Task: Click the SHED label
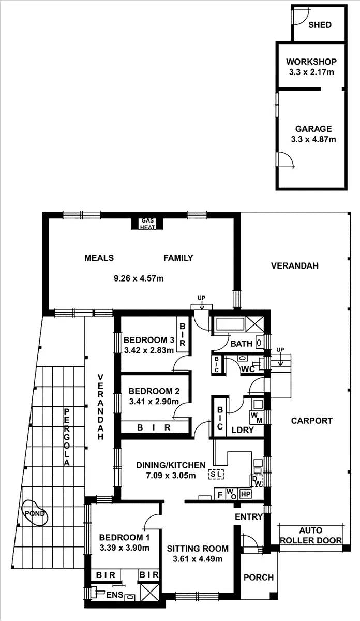[320, 25]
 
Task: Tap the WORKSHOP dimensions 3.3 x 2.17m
[311, 72]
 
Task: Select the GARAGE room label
[313, 129]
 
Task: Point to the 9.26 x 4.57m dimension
[139, 278]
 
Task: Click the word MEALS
[99, 258]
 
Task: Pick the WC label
[247, 369]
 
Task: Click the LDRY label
[242, 429]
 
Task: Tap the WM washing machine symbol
[256, 416]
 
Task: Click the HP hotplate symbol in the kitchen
[246, 495]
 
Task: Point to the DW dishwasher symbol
[256, 480]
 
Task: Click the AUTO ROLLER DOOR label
[310, 536]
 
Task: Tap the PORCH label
[258, 578]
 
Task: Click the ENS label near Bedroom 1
[115, 596]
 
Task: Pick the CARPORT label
[311, 421]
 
